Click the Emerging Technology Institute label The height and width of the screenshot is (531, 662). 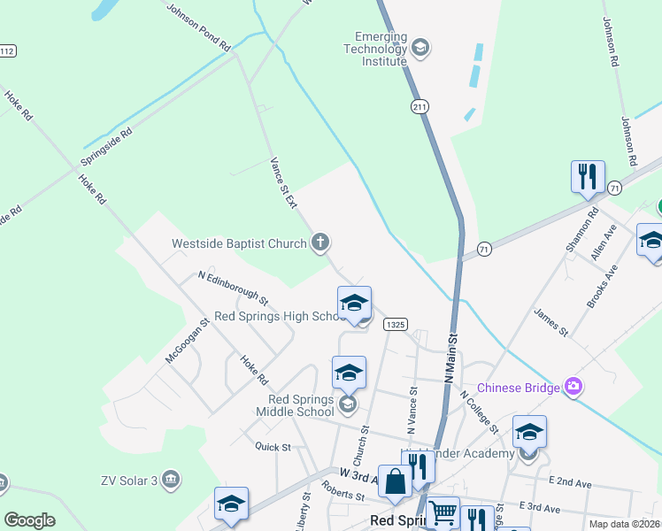[x=381, y=50]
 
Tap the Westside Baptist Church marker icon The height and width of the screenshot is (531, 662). [x=321, y=242]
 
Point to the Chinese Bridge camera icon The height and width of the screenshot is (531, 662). [x=573, y=386]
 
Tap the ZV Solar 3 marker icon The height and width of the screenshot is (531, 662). [x=172, y=479]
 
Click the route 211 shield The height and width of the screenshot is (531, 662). [x=420, y=106]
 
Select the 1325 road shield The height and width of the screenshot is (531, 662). [x=395, y=326]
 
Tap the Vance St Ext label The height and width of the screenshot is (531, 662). [x=283, y=183]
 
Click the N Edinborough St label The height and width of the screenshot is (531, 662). [x=233, y=284]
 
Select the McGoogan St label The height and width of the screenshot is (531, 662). [x=186, y=341]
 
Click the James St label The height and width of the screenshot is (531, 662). [x=550, y=322]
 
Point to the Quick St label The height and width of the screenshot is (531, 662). [x=273, y=447]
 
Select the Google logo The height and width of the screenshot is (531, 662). [x=30, y=520]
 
